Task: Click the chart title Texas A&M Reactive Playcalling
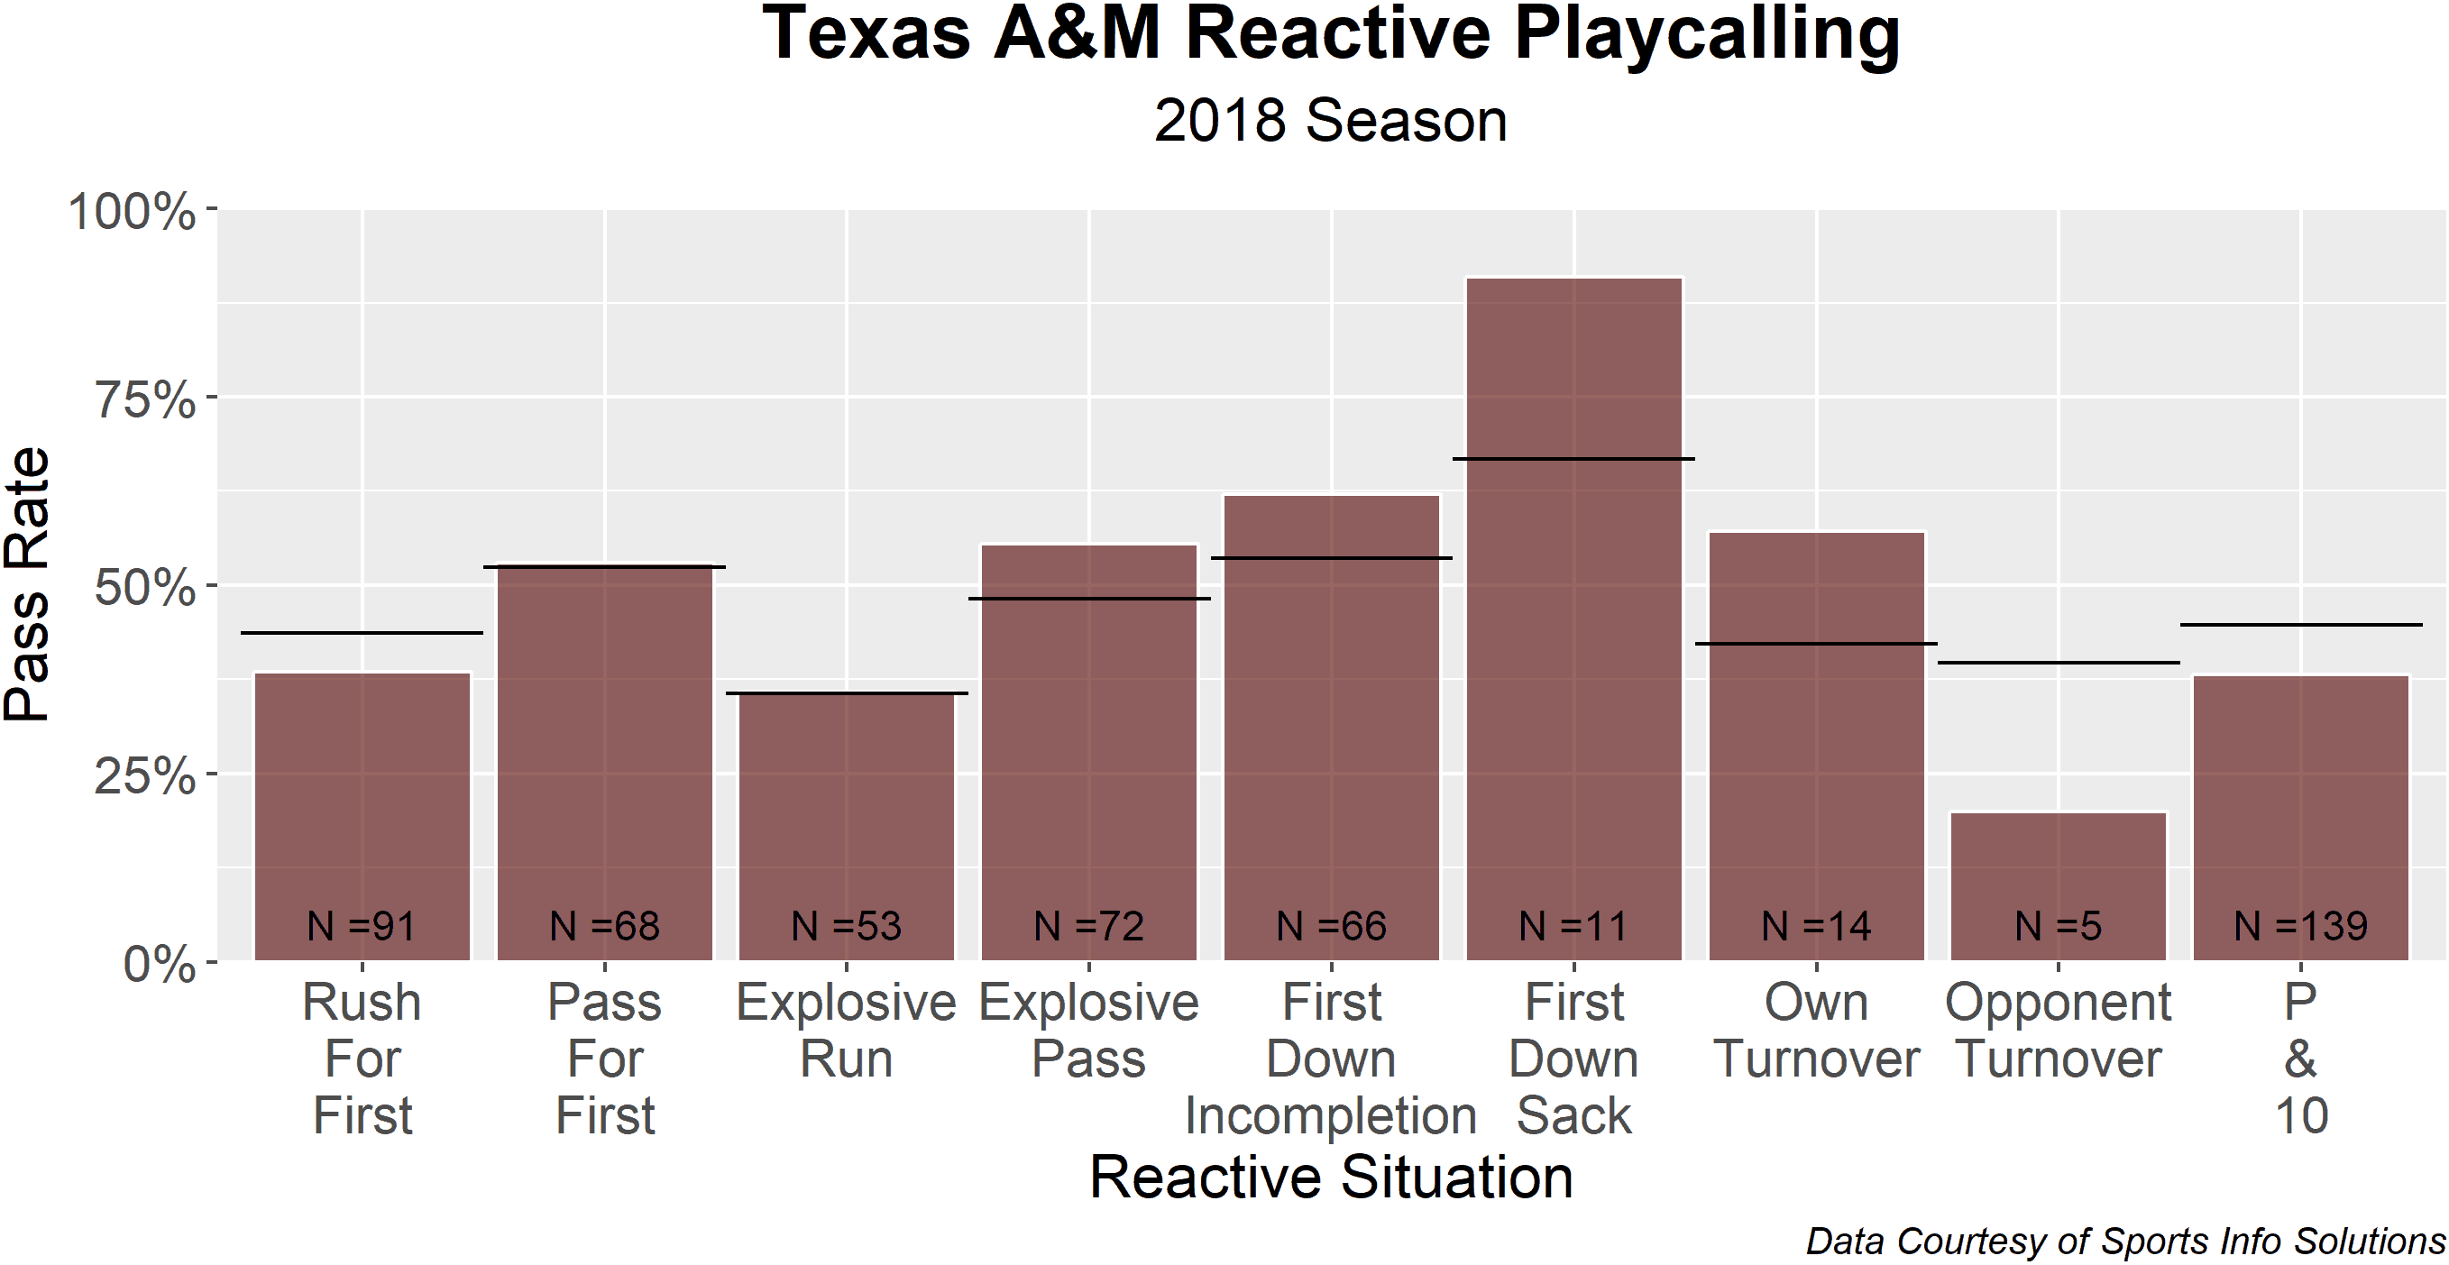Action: [1331, 34]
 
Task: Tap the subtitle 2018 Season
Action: [1331, 121]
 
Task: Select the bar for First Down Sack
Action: [1573, 619]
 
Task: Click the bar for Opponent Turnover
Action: [2059, 885]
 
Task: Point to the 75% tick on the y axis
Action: [211, 397]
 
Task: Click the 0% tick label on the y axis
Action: [160, 964]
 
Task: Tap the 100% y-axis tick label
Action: [133, 210]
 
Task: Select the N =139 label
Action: [2301, 926]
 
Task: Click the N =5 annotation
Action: [2059, 926]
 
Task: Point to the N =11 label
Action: [1573, 926]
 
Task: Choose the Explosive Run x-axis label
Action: [846, 1031]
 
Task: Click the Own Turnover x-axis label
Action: [1816, 1031]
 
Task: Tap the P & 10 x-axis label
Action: [2301, 1059]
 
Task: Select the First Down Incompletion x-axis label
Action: [1331, 1059]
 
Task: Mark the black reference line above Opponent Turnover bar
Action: [2059, 663]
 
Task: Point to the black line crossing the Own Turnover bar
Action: [1816, 644]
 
